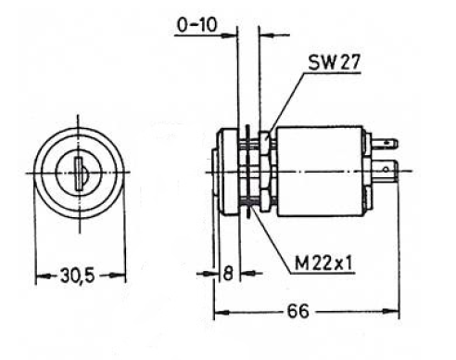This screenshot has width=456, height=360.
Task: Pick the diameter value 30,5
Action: point(80,276)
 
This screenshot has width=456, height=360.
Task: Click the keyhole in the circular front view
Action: point(81,174)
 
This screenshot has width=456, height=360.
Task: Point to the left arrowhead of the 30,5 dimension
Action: point(40,276)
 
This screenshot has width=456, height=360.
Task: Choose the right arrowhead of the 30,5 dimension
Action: point(120,276)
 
